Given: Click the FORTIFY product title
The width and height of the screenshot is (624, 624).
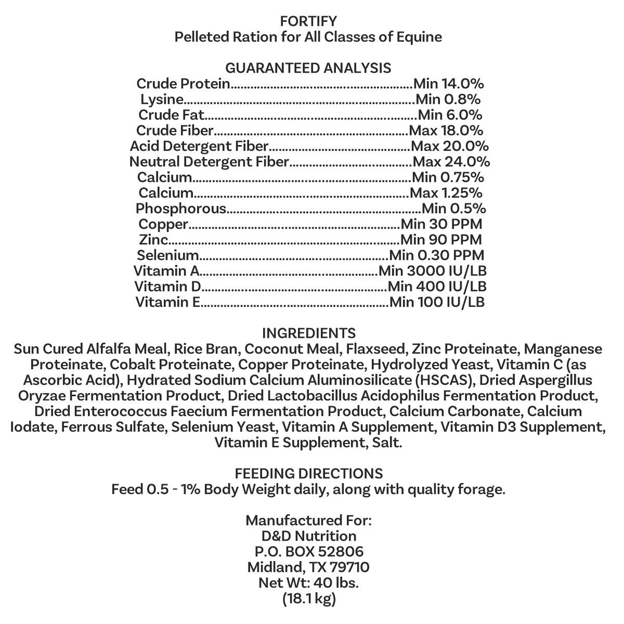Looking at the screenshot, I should coord(308,21).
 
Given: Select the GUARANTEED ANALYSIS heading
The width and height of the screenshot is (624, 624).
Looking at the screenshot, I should coord(308,68).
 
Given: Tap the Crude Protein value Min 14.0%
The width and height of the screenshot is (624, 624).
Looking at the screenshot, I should coord(449,84).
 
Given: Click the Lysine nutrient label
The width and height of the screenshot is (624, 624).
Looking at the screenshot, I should coord(162,99).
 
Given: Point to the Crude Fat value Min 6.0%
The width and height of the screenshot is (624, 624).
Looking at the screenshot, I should coord(450,115).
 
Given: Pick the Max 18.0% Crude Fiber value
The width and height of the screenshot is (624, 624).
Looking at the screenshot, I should coord(446,131).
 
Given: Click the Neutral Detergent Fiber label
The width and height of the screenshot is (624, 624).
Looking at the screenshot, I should coord(209,162).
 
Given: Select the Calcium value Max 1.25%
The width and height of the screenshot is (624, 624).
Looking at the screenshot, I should coord(446,193).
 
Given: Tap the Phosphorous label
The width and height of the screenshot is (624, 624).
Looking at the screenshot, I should coord(181,209).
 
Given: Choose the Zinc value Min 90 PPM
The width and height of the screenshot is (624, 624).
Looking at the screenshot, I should coord(441,240).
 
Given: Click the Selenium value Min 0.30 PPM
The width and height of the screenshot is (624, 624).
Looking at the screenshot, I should coord(436,255).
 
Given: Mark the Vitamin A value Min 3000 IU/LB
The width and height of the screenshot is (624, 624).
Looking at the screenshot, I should coord(432,271).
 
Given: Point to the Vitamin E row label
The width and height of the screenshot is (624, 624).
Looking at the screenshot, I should coord(168,302).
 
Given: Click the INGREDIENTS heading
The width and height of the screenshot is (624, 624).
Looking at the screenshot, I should coord(308,333).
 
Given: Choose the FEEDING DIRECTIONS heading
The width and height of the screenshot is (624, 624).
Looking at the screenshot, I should coord(308,474).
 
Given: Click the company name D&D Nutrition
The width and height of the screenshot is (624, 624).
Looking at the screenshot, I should coord(308,536).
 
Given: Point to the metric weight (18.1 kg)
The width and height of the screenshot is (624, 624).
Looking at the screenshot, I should coord(308,599).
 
